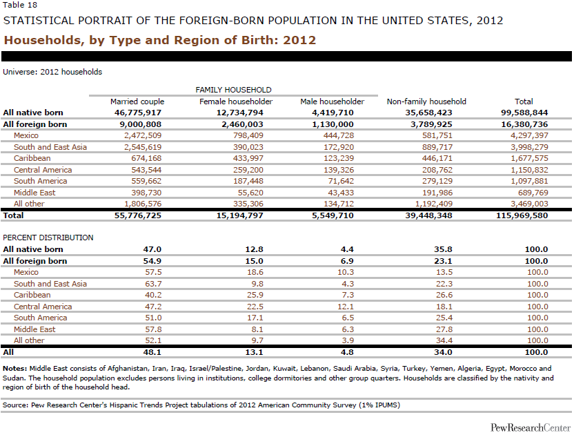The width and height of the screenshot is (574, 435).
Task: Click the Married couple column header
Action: pyautogui.click(x=137, y=101)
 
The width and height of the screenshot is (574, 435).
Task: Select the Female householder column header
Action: pyautogui.click(x=236, y=101)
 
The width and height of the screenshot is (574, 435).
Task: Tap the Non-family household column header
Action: pyautogui.click(x=426, y=101)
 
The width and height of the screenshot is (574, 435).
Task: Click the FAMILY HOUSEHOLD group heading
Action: pyautogui.click(x=234, y=90)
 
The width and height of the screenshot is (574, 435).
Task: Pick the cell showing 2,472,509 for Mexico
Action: pyautogui.click(x=143, y=135)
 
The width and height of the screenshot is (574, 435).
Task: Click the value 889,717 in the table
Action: pyautogui.click(x=437, y=147)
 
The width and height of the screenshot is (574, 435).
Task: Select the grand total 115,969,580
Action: pyautogui.click(x=522, y=215)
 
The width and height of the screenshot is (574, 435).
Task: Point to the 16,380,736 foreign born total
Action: pyautogui.click(x=524, y=124)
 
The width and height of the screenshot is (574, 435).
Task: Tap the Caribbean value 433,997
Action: pyautogui.click(x=248, y=158)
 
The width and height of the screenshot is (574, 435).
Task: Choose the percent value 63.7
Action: pyautogui.click(x=153, y=284)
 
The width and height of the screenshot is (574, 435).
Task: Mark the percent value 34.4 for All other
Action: pyautogui.click(x=444, y=340)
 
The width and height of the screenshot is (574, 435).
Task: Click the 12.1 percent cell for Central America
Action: pyautogui.click(x=346, y=307)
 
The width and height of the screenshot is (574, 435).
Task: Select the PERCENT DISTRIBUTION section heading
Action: pyautogui.click(x=48, y=238)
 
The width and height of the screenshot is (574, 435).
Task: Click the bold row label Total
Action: pyautogui.click(x=13, y=215)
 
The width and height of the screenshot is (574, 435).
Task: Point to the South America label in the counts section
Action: pyautogui.click(x=40, y=181)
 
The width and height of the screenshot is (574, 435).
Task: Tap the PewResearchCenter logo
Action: pyautogui.click(x=531, y=427)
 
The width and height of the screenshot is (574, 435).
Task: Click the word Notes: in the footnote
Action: pyautogui.click(x=14, y=369)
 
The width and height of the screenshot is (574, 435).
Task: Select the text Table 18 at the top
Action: pyautogui.click(x=20, y=5)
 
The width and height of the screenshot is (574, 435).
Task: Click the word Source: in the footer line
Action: pyautogui.click(x=16, y=405)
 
